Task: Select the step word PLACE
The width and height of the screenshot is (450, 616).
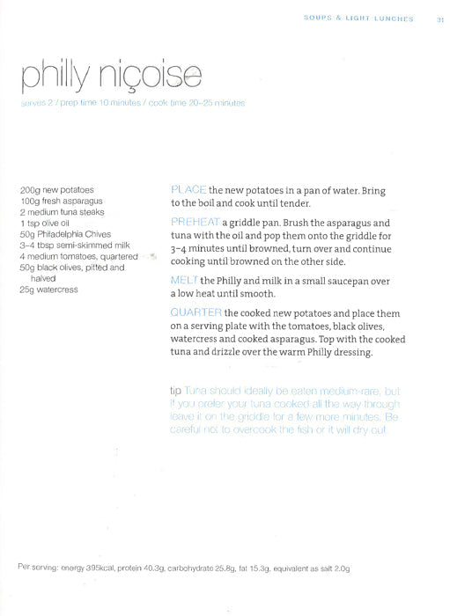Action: pyautogui.click(x=188, y=190)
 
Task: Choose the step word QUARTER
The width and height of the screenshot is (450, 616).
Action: pyautogui.click(x=195, y=312)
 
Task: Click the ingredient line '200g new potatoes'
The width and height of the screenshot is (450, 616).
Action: pyautogui.click(x=56, y=189)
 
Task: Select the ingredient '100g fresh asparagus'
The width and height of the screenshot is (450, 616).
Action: pyautogui.click(x=61, y=201)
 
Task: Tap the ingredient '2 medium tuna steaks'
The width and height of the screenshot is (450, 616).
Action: pyautogui.click(x=62, y=212)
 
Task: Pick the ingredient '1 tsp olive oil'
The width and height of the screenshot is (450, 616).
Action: pyautogui.click(x=48, y=224)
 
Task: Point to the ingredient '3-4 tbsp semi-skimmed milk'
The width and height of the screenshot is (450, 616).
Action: pyautogui.click(x=75, y=246)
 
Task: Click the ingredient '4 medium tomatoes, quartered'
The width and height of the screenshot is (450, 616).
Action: pyautogui.click(x=78, y=256)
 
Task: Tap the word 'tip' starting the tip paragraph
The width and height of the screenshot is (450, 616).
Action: pyautogui.click(x=174, y=389)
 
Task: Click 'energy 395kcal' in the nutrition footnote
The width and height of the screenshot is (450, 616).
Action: pyautogui.click(x=86, y=568)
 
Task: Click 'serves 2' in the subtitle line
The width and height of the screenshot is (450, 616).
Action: pyautogui.click(x=36, y=103)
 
